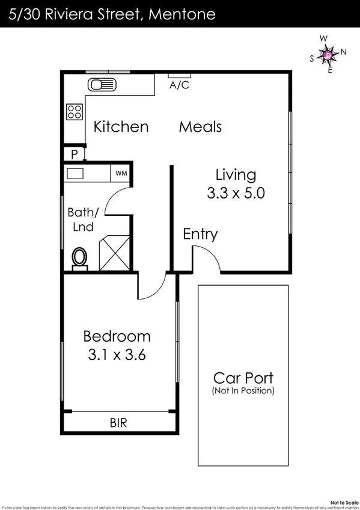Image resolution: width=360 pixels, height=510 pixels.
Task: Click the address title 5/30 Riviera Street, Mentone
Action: [x=112, y=14]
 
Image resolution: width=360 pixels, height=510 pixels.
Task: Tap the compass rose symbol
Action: [x=328, y=55]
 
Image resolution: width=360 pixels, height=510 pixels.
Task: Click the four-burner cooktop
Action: [x=75, y=111]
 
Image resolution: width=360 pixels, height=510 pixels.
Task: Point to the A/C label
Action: [x=179, y=85]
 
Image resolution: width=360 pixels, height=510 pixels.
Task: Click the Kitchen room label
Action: [x=121, y=127]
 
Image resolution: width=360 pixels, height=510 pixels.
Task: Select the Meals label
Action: [x=200, y=127]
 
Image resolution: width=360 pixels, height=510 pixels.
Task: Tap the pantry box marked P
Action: [x=74, y=154]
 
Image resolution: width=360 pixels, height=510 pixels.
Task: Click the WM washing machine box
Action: [x=121, y=173]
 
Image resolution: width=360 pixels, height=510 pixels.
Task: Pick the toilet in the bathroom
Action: [x=79, y=257]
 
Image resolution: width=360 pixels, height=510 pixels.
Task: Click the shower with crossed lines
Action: [x=114, y=253]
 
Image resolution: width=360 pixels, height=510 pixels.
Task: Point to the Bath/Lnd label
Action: [x=82, y=220]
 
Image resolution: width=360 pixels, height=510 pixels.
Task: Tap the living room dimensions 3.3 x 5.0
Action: [x=236, y=194]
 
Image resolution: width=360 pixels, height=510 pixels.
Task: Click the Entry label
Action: [x=200, y=235]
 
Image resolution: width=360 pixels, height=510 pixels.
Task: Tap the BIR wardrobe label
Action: [x=118, y=423]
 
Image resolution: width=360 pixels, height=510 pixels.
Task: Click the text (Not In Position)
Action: [x=243, y=391]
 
